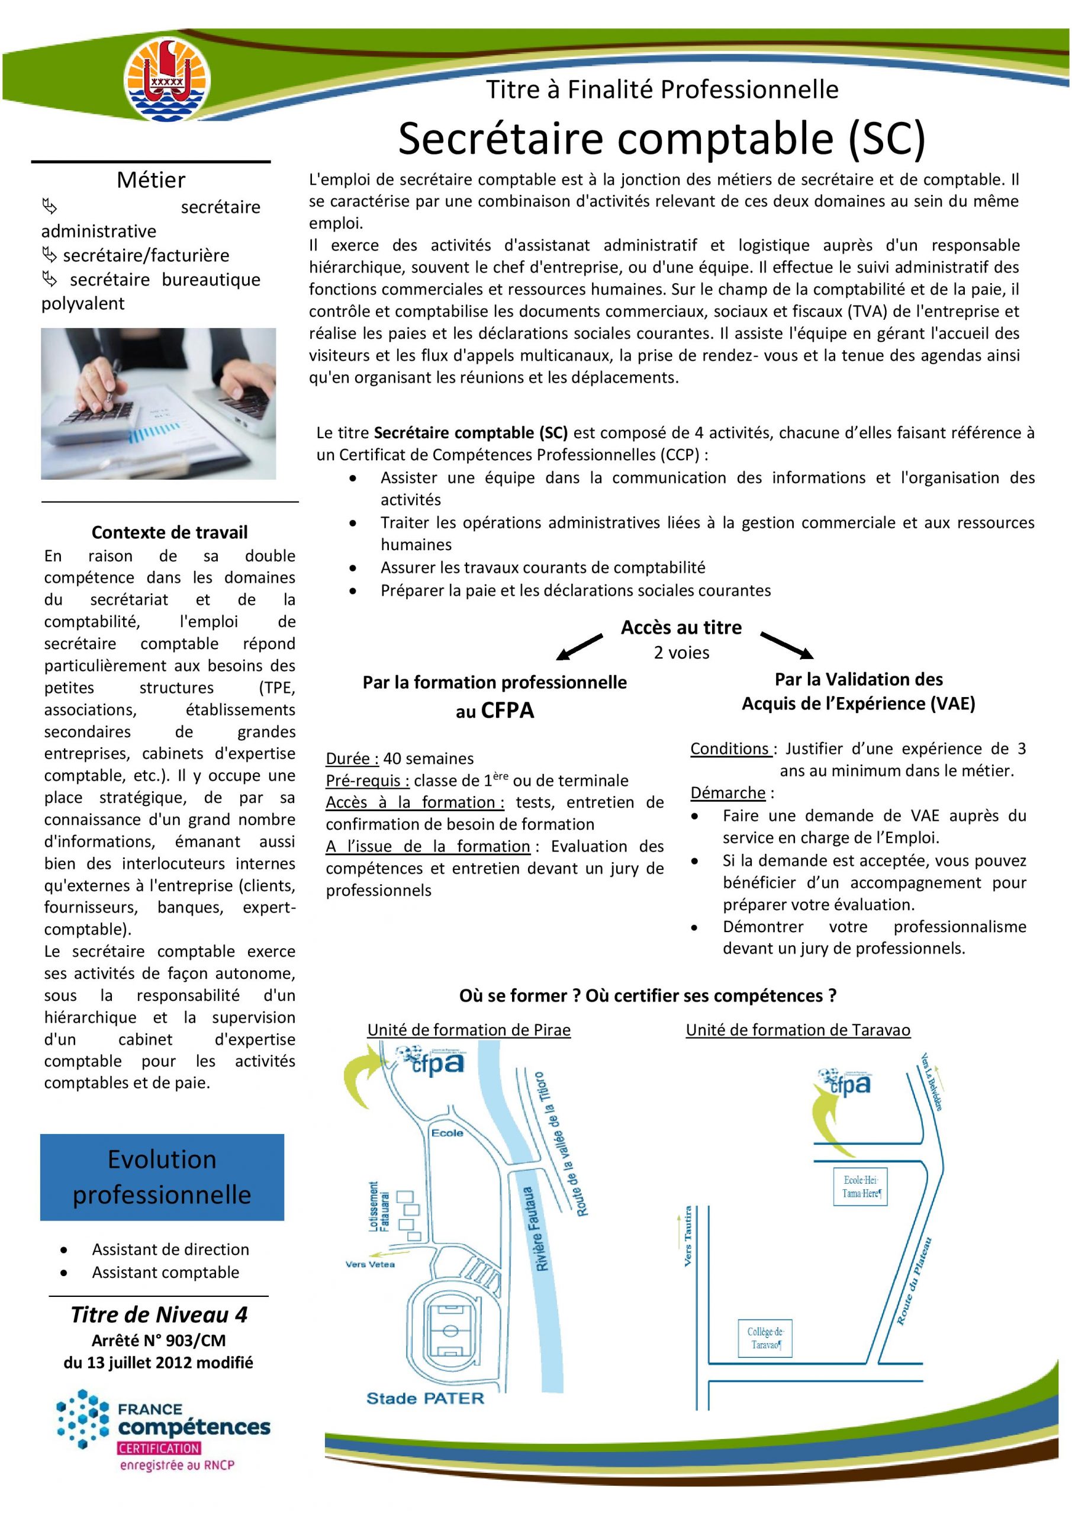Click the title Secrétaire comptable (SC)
(x=661, y=139)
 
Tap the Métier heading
(x=151, y=179)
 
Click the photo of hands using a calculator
(x=159, y=403)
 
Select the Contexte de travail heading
(x=170, y=532)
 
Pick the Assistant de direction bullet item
(x=170, y=1250)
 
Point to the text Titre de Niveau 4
(x=159, y=1314)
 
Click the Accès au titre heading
(x=681, y=627)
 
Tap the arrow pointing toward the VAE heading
(x=786, y=645)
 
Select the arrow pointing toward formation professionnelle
(x=580, y=647)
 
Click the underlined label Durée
(x=352, y=759)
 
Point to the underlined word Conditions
(x=730, y=749)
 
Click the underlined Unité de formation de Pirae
(x=469, y=1030)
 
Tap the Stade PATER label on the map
(x=425, y=1397)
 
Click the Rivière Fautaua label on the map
(x=540, y=1228)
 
